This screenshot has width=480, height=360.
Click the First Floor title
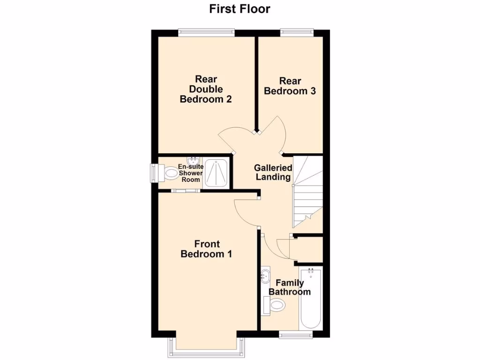pyautogui.click(x=240, y=8)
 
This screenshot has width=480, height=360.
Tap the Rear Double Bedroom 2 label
pyautogui.click(x=206, y=89)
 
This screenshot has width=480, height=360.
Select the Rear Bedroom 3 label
pyautogui.click(x=290, y=86)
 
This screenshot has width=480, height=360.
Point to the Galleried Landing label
pyautogui.click(x=273, y=172)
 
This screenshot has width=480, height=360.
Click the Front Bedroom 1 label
pyautogui.click(x=207, y=249)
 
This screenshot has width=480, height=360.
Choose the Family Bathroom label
pyautogui.click(x=289, y=287)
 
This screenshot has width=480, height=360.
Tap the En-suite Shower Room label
pyautogui.click(x=190, y=173)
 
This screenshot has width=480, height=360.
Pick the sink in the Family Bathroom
pyautogui.click(x=266, y=275)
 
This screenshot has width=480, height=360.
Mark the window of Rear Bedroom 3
pyautogui.click(x=297, y=32)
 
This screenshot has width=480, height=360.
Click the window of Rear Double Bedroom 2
pyautogui.click(x=206, y=32)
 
